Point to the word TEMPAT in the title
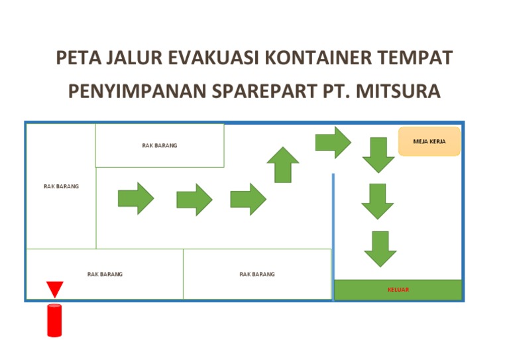(415, 58)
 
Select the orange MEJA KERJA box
(429, 141)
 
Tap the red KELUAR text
(398, 290)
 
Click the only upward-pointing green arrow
(283, 164)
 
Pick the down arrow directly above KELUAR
(380, 249)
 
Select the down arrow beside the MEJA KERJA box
(378, 154)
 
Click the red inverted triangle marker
(55, 289)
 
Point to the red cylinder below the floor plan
(54, 320)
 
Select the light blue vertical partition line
(333, 226)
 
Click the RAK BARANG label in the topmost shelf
(160, 145)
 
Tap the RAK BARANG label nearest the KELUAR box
(257, 274)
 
